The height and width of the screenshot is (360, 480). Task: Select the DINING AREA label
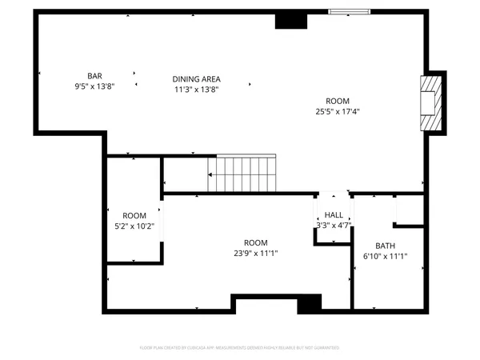coord(196,78)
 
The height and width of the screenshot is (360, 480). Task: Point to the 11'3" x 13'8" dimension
coord(196,89)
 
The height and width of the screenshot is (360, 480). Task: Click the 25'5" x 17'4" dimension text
coord(338,111)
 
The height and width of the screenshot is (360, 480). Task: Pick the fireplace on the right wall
coord(431,102)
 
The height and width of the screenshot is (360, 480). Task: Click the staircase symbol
coord(242,174)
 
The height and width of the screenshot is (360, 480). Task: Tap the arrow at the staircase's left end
coord(210,174)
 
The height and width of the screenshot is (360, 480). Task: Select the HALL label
coord(334,215)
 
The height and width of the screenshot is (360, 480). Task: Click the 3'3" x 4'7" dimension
coord(334,226)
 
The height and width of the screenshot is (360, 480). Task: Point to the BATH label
coord(386,246)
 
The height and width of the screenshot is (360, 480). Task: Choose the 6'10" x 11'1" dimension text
coord(386,257)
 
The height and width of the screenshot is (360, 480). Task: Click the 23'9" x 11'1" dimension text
coord(256,253)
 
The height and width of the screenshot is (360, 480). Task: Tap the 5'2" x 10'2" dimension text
coord(134,226)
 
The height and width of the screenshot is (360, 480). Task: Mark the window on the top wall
coord(350,12)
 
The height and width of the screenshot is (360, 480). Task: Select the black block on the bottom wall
coord(309,304)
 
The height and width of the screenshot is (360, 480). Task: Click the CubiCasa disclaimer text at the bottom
coord(240,348)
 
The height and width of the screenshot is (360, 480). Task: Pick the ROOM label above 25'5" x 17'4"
coord(338,101)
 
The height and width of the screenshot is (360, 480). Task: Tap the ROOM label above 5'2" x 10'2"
coord(134,216)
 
